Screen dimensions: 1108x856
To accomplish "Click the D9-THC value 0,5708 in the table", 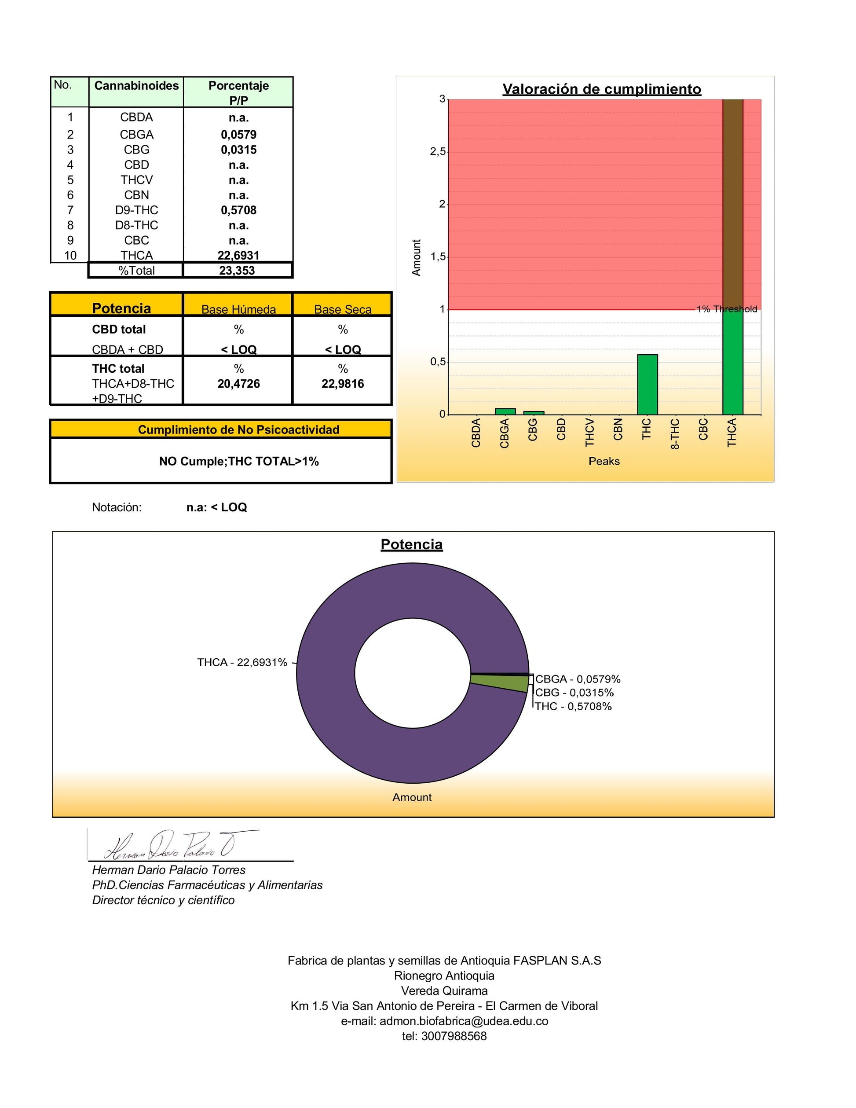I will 238,210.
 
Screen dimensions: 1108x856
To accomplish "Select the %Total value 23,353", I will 237,271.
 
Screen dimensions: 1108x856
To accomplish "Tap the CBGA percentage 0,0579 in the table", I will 238,135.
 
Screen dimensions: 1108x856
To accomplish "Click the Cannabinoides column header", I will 136,86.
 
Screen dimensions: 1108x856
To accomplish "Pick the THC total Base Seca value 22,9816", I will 342,384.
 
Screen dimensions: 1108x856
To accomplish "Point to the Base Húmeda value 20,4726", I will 238,384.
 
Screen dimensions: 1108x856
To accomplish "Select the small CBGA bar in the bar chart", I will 505,411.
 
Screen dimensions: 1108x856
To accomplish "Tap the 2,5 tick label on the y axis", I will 438,152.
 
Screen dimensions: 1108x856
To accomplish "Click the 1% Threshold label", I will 727,309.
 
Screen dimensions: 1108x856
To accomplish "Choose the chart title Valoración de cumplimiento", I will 601,89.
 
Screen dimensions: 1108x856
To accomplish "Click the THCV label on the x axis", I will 589,432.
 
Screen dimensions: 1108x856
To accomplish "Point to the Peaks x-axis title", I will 604,461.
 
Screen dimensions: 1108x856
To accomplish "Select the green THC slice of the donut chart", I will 500,683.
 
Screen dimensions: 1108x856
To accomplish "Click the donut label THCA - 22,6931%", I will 242,663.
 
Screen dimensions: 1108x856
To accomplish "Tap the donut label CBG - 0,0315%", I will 574,693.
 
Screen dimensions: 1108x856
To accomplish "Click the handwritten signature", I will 172,846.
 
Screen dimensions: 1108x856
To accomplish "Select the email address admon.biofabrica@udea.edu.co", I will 464,1021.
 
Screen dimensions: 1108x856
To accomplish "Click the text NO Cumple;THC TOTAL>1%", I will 239,461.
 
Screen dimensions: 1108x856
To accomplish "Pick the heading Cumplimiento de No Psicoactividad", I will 238,430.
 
